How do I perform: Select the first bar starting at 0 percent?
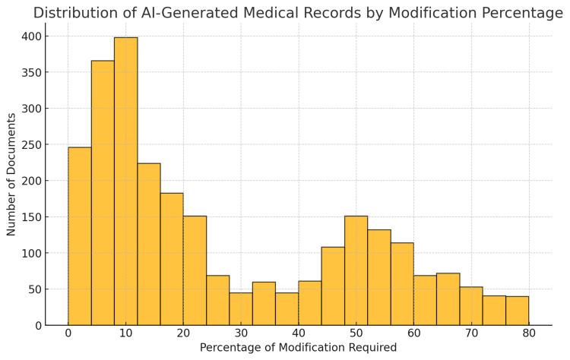(x=80, y=236)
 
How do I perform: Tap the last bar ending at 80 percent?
(x=517, y=311)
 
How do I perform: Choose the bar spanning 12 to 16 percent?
(x=149, y=244)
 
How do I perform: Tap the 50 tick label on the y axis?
(x=34, y=289)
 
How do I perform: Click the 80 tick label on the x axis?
(x=528, y=333)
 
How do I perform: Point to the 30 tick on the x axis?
(x=241, y=333)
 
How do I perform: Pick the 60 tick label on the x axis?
(x=413, y=333)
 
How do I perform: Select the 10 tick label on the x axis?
(x=125, y=333)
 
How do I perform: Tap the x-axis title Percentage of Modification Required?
(x=298, y=348)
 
